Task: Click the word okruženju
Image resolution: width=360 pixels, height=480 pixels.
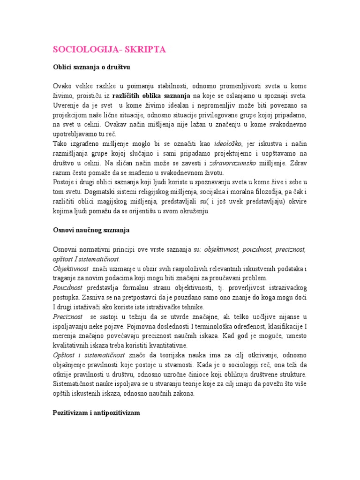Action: pyautogui.click(x=192, y=211)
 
